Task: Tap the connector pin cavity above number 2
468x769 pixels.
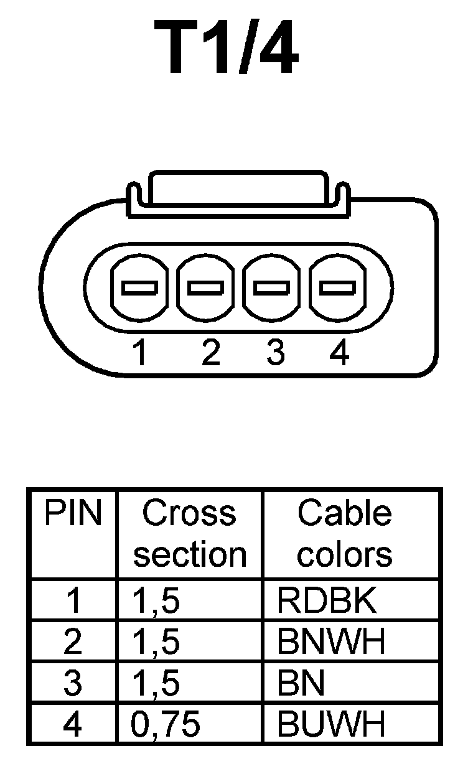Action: click(x=205, y=287)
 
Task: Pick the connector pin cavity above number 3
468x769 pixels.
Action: click(x=272, y=287)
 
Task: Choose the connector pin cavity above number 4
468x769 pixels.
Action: click(x=338, y=287)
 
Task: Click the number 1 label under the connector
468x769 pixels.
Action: click(x=140, y=353)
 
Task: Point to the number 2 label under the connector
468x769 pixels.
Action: click(x=211, y=353)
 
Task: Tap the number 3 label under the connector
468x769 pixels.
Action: click(x=274, y=353)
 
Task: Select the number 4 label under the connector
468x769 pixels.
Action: click(x=339, y=353)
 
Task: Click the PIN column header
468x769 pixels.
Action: click(x=72, y=514)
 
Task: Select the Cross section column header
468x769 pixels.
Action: click(x=189, y=534)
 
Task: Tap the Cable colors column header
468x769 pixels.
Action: click(x=344, y=534)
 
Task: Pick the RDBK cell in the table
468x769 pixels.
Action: click(x=327, y=600)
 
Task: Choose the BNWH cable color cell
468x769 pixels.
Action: click(x=332, y=641)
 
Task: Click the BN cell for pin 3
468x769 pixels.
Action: click(x=301, y=683)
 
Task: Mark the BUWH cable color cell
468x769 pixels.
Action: click(x=332, y=724)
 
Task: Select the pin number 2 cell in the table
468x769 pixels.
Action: click(x=73, y=641)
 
